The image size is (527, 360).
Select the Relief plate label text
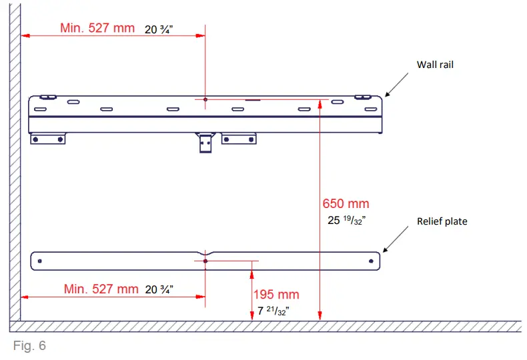pos(442,221)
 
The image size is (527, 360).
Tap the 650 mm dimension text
pos(346,204)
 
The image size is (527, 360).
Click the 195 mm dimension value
pos(276,295)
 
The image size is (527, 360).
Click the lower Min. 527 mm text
pos(101,289)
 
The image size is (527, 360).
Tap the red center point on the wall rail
pos(205,99)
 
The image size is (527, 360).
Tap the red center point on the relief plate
pos(205,261)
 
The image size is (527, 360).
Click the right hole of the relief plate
pos(371,261)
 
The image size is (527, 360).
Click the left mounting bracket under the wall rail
pos(48,139)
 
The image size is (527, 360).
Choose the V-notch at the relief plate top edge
pos(205,253)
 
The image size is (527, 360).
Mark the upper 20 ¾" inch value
pos(159,29)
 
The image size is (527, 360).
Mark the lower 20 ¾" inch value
pos(159,290)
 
